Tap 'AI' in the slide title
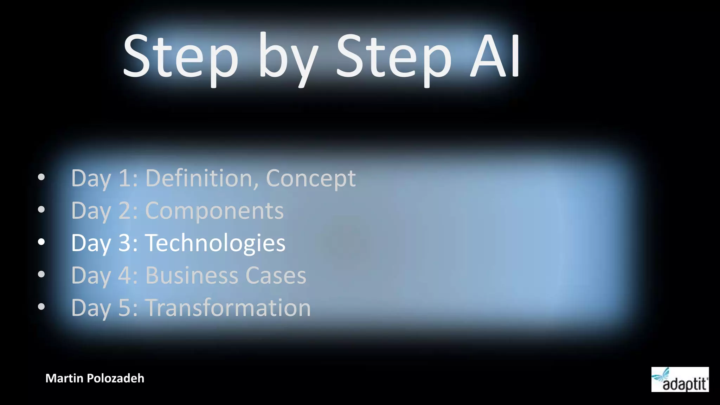click(495, 56)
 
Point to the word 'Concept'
click(311, 179)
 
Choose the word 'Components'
click(214, 211)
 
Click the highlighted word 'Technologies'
click(215, 243)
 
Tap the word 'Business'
click(192, 275)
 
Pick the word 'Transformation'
click(228, 308)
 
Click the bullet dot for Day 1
click(41, 177)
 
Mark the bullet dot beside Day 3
click(41, 242)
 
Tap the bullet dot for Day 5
click(41, 307)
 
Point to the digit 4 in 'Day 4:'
click(125, 275)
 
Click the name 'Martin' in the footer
click(64, 378)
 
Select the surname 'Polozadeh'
click(115, 378)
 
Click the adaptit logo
click(680, 380)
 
